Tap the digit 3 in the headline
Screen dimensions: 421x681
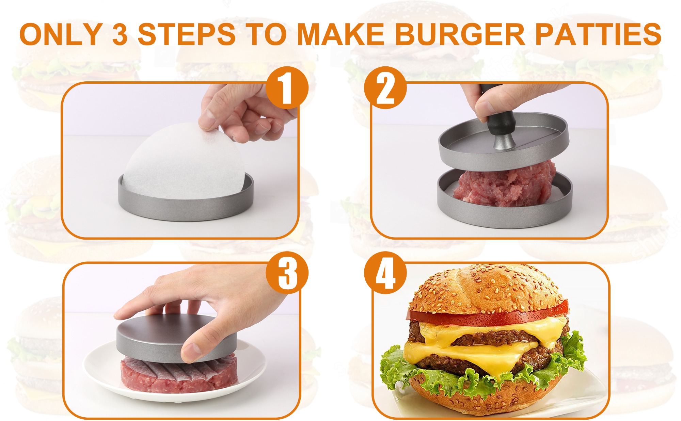pos(120,35)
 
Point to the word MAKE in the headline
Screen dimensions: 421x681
pos(341,34)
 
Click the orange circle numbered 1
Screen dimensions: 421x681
pos(287,87)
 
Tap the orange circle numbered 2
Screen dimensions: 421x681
pos(385,87)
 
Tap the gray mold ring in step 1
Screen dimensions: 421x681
pos(186,208)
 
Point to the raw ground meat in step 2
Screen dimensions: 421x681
pos(504,185)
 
